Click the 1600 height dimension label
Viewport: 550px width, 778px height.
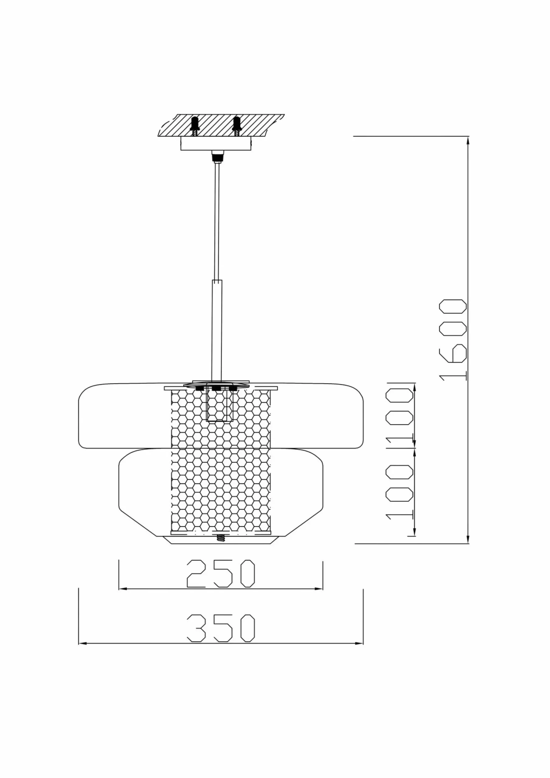click(453, 340)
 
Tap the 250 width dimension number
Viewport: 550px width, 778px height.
click(221, 574)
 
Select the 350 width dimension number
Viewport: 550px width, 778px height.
click(221, 628)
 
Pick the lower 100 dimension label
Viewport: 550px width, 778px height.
click(400, 491)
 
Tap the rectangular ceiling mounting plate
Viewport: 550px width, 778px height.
click(216, 143)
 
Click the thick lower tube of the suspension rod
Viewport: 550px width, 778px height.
click(217, 330)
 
